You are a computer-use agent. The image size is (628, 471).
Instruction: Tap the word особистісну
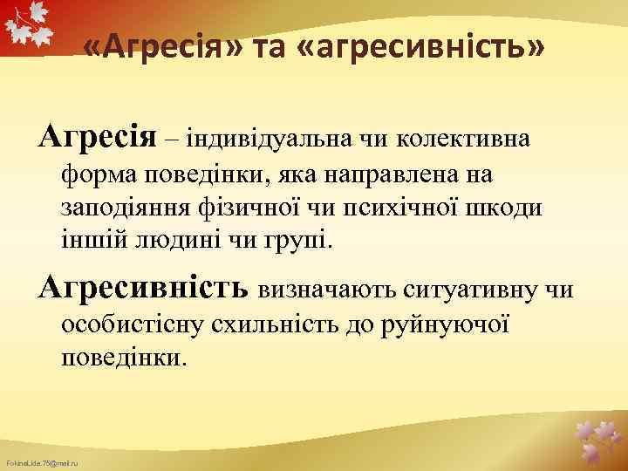(131, 324)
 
